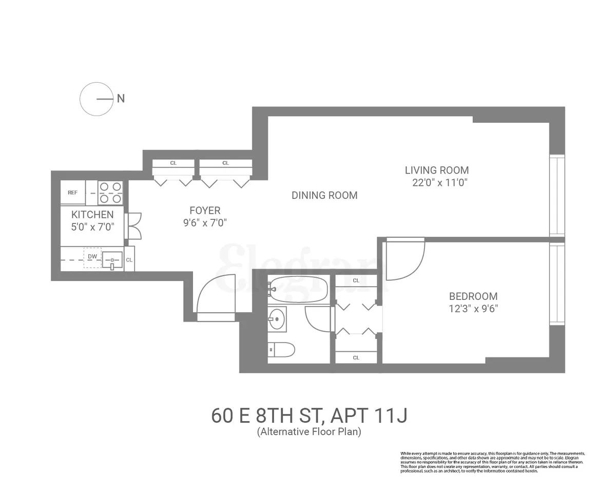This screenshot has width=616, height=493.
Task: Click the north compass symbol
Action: pos(97,99)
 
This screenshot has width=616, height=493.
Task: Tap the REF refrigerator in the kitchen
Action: pos(73,193)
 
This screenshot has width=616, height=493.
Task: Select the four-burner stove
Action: pos(110,193)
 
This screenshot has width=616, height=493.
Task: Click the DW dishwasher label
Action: pos(92,256)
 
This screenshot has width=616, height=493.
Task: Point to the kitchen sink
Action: pos(112,260)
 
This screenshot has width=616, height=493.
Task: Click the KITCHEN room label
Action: pos(92,215)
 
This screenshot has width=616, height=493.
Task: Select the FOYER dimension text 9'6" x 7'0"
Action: pos(205,223)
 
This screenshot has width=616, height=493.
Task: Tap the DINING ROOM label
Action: pos(324,195)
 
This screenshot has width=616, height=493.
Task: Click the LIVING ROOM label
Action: pos(436,170)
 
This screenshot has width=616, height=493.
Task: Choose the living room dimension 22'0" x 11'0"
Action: pos(439,182)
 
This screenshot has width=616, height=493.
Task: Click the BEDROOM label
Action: pos(473,296)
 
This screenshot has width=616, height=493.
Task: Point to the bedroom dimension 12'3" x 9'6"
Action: pos(473,309)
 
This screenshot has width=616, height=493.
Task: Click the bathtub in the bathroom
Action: pos(298,290)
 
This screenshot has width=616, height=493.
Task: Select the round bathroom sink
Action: pos(277,320)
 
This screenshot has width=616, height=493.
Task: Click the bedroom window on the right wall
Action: pos(557,283)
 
